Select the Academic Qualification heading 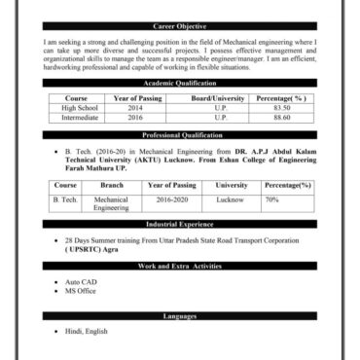(x=180, y=85)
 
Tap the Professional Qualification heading (x=180, y=135)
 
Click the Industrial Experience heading (x=180, y=224)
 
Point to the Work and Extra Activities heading (x=180, y=266)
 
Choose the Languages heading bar (x=180, y=316)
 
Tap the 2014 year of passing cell (x=134, y=108)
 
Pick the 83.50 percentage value (x=282, y=108)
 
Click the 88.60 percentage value (x=282, y=118)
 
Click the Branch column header (x=112, y=185)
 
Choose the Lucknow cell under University (x=231, y=198)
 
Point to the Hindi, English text (x=87, y=332)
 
